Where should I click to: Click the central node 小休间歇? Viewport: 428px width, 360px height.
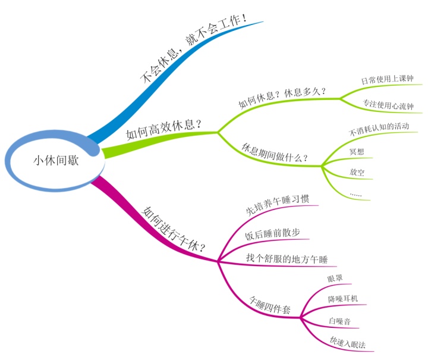click(x=56, y=159)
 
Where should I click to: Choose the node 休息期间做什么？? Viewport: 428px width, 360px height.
click(x=275, y=151)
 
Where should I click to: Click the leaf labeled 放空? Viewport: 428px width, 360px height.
click(x=357, y=173)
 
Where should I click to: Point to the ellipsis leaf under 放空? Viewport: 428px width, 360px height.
click(x=356, y=194)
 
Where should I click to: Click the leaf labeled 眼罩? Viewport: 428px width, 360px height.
click(x=335, y=278)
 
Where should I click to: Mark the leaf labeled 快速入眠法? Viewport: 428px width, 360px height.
click(x=347, y=343)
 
